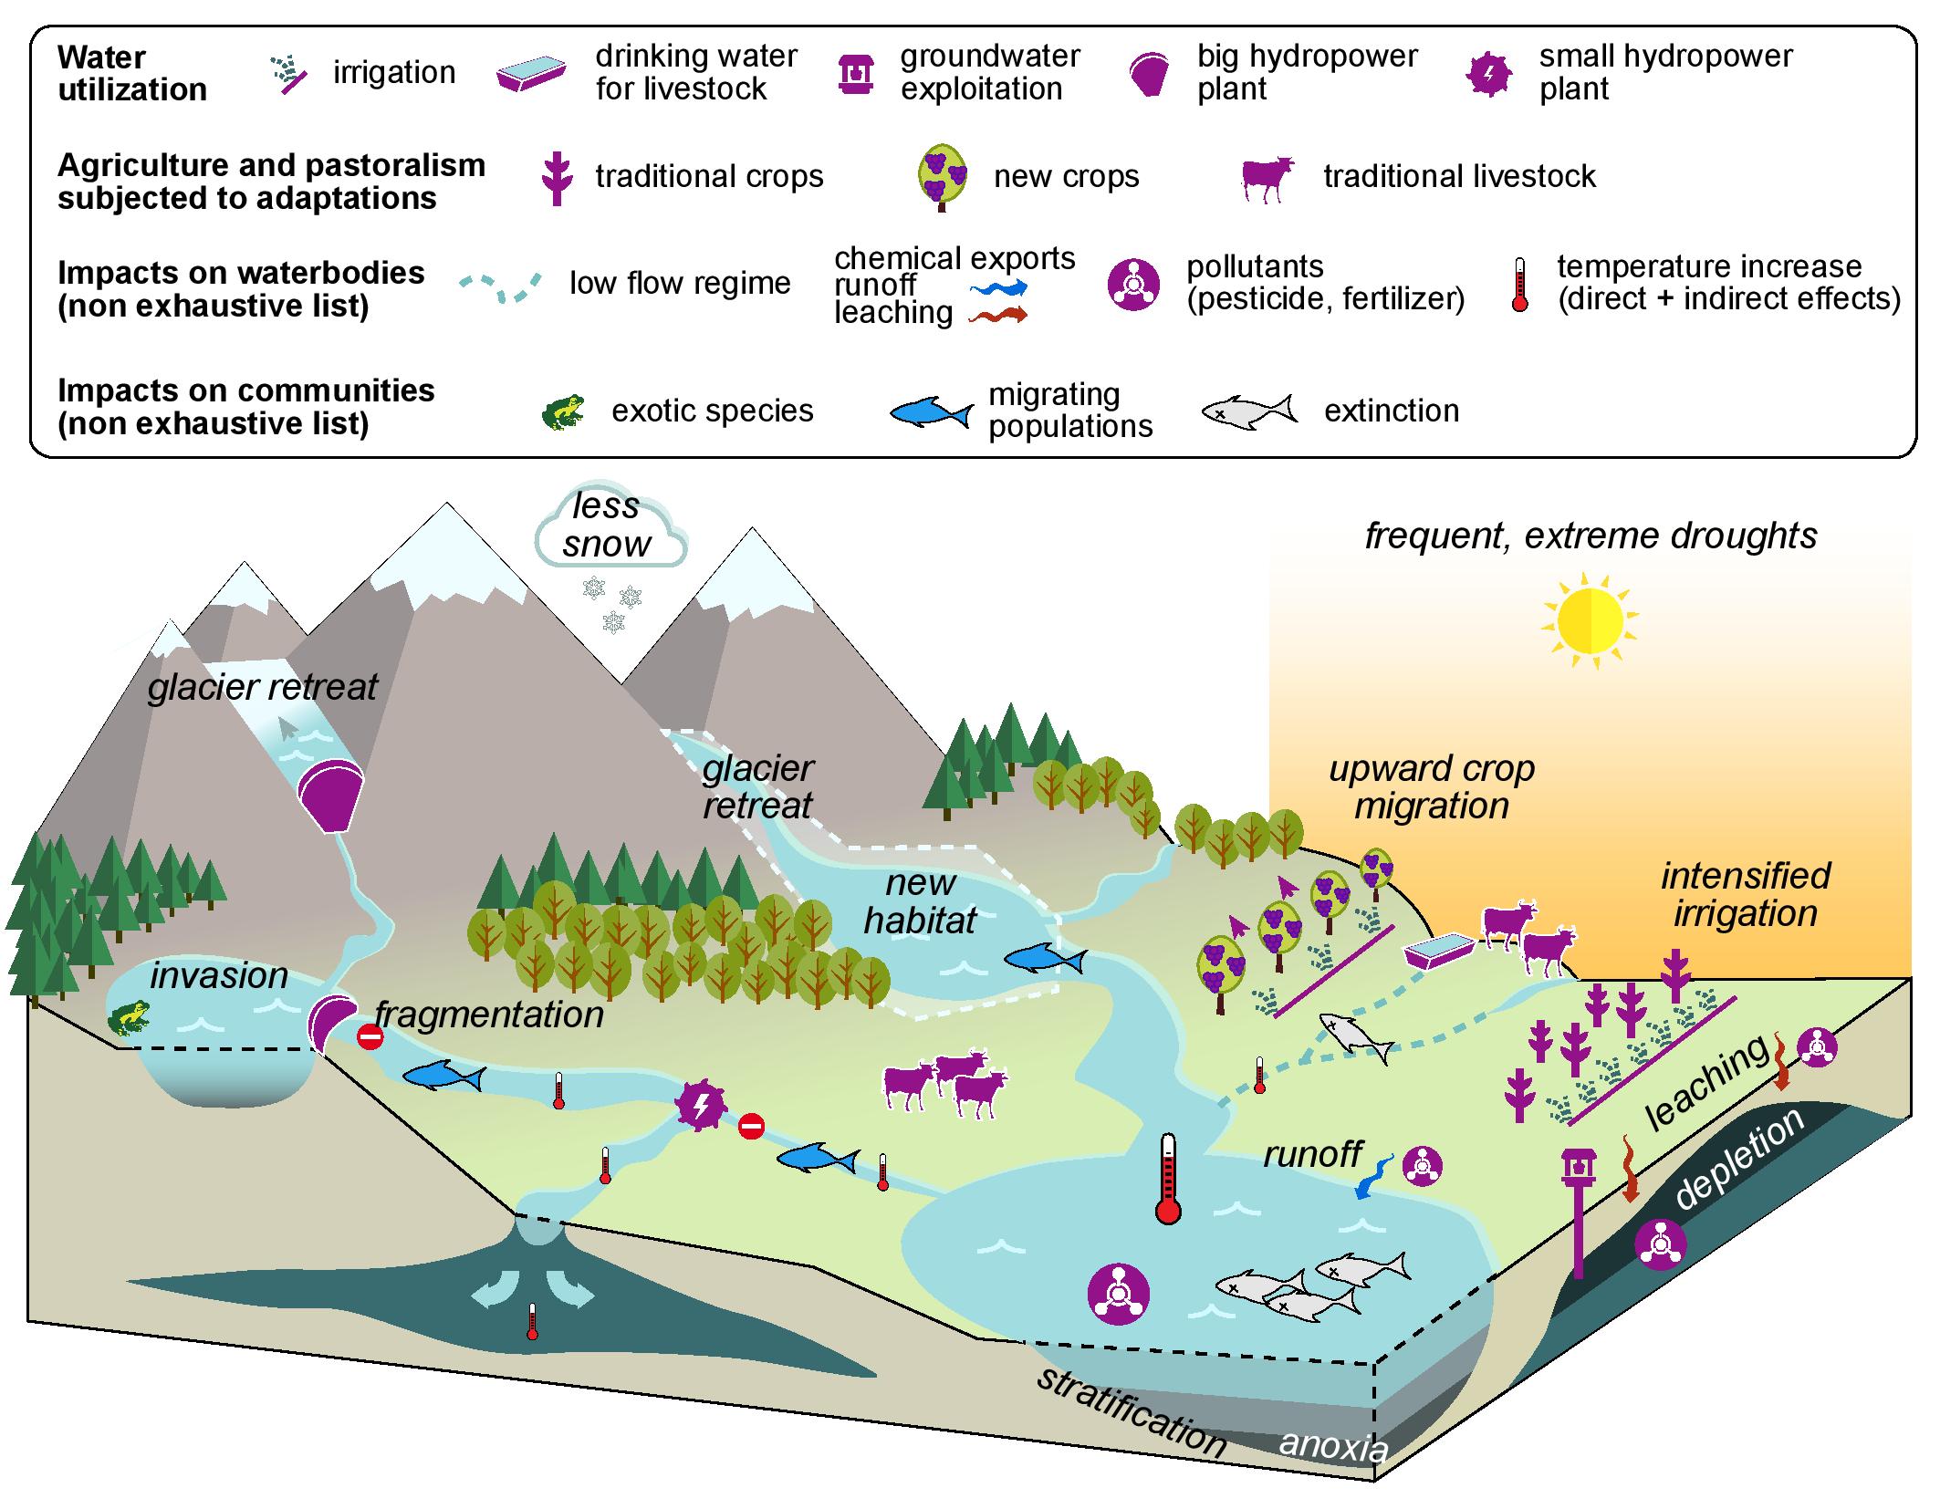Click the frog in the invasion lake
point(129,1018)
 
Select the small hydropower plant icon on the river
point(699,1105)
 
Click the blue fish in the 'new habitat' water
point(1044,959)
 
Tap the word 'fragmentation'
point(489,1014)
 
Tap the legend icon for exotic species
point(563,411)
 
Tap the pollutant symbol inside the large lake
point(1119,1293)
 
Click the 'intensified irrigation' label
point(1745,894)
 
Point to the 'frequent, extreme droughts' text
point(1591,536)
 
